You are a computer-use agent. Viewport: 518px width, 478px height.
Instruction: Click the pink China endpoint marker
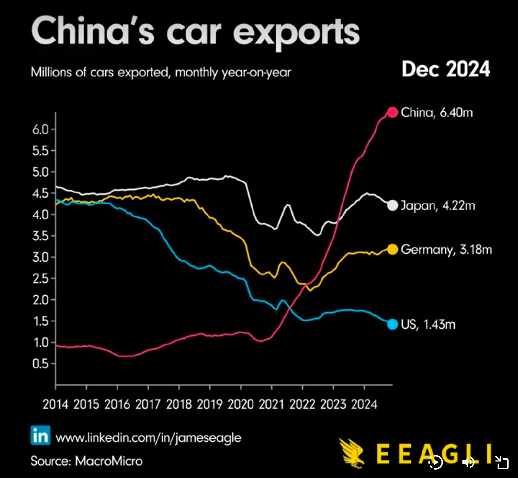pyautogui.click(x=392, y=112)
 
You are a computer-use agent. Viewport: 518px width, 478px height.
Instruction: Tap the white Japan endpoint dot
pyautogui.click(x=392, y=205)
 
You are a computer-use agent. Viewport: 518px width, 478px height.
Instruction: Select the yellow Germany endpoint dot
pyautogui.click(x=392, y=249)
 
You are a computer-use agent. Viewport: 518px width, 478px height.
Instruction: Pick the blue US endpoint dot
pyautogui.click(x=392, y=324)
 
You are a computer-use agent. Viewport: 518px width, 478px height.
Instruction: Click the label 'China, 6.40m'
pyautogui.click(x=437, y=113)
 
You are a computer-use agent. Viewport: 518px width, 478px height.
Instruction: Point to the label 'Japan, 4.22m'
pyautogui.click(x=438, y=206)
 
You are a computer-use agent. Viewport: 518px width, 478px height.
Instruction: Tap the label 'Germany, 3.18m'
pyautogui.click(x=446, y=250)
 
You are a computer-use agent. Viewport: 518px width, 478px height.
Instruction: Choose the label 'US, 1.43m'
pyautogui.click(x=428, y=324)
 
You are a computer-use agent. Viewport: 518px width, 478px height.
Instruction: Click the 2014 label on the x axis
pyautogui.click(x=55, y=404)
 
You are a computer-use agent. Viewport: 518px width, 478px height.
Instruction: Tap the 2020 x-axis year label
pyautogui.click(x=241, y=404)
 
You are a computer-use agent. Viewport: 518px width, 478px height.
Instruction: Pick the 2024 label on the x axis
pyautogui.click(x=364, y=404)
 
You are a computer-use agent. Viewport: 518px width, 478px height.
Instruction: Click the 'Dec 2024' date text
pyautogui.click(x=446, y=69)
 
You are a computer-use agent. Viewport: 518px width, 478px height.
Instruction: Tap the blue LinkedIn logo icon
pyautogui.click(x=40, y=435)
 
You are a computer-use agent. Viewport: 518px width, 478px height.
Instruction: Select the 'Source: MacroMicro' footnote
pyautogui.click(x=86, y=461)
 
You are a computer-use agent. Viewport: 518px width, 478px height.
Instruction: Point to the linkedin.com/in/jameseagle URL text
pyautogui.click(x=148, y=437)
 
